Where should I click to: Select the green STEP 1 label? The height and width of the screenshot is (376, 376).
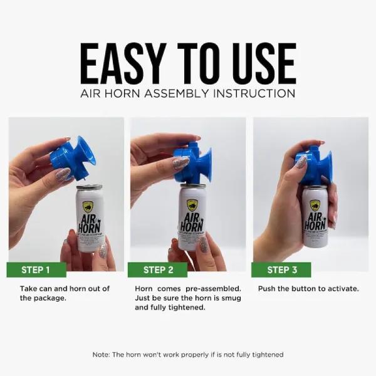click(x=36, y=270)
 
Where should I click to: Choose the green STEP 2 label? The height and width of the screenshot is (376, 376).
click(x=159, y=270)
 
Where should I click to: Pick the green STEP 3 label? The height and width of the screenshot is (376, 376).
click(x=282, y=270)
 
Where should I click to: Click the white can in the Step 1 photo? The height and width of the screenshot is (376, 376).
click(x=90, y=219)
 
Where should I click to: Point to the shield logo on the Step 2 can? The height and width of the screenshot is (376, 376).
click(x=192, y=205)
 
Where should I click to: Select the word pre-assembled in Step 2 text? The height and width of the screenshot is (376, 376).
click(x=201, y=289)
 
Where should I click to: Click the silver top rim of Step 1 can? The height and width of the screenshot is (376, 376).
click(x=89, y=187)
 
